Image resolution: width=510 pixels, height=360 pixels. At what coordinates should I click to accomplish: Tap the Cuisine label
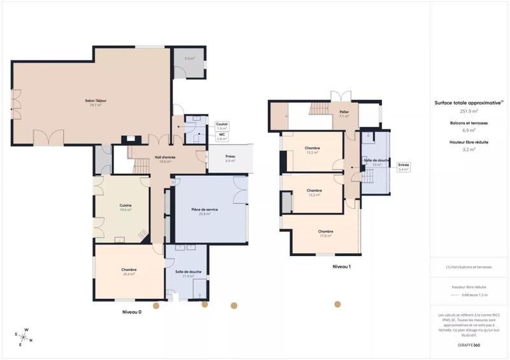tap(125, 207)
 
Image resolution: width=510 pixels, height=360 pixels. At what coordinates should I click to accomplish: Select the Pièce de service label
tap(205, 212)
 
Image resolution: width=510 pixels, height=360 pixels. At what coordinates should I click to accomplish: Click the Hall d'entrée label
tap(164, 159)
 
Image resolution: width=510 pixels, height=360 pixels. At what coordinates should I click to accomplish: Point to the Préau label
tap(231, 159)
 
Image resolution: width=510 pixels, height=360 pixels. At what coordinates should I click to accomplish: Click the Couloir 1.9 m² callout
tap(222, 126)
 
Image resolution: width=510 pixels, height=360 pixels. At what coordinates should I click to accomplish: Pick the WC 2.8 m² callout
tap(222, 136)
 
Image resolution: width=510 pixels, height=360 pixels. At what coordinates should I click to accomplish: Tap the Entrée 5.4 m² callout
tap(404, 167)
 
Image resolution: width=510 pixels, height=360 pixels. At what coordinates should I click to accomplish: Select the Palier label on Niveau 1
tap(344, 114)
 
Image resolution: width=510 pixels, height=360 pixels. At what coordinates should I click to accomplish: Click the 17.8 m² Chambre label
tap(325, 234)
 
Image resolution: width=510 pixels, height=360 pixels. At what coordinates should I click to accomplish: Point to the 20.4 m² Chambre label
tap(129, 271)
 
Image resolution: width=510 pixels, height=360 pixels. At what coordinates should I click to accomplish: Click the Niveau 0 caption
tap(131, 312)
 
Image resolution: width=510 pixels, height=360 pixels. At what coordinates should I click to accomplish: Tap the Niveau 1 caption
tap(342, 267)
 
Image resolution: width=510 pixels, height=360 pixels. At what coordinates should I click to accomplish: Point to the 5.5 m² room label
tap(189, 59)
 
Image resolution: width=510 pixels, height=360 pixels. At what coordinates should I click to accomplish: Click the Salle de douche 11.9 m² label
tap(188, 274)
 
